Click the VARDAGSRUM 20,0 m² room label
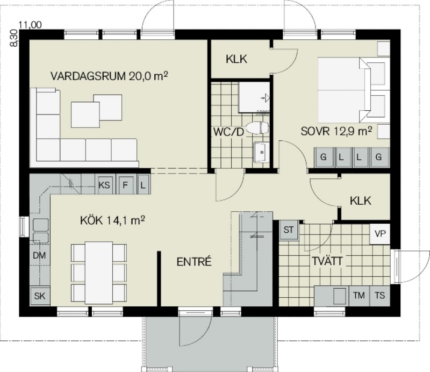point(109,76)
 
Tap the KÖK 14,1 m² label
point(112,220)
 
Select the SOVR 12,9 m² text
point(336,131)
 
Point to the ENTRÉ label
point(194,261)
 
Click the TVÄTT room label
point(327,261)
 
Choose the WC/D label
point(229,132)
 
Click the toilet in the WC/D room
point(257,128)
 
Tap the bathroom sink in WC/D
point(262,152)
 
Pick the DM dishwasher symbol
point(39,256)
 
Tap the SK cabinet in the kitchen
point(40,296)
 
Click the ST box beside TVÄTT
point(289,230)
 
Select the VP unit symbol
point(380,234)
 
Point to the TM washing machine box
point(359,296)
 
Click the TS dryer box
point(380,296)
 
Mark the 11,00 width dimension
point(30,25)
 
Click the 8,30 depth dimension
point(14,38)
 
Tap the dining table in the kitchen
point(99,273)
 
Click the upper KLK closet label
point(236,59)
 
